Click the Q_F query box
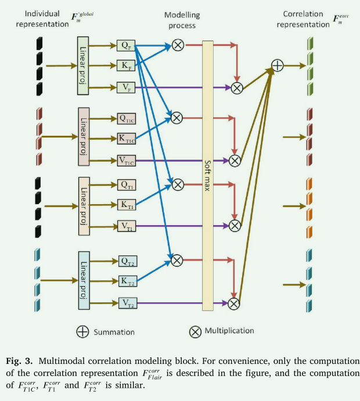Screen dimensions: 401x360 pyautogui.click(x=125, y=45)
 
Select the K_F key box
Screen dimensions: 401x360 pyautogui.click(x=125, y=66)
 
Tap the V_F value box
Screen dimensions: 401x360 pyautogui.click(x=125, y=88)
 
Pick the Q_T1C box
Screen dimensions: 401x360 pyautogui.click(x=127, y=118)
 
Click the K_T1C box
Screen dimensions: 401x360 pyautogui.click(x=127, y=139)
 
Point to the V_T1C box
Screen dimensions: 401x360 pyautogui.click(x=127, y=160)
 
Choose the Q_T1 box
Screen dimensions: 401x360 pyautogui.click(x=126, y=185)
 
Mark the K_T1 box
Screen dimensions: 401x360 pyautogui.click(x=126, y=205)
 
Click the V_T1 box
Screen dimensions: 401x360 pyautogui.click(x=126, y=227)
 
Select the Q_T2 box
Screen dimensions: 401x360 pyautogui.click(x=127, y=261)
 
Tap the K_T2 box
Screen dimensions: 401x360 pyautogui.click(x=127, y=281)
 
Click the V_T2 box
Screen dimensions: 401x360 pyautogui.click(x=127, y=302)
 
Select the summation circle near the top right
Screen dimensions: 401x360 pyautogui.click(x=278, y=66)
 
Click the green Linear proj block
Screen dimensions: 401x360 pyautogui.click(x=82, y=66)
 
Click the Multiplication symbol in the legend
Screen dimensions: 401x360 pyautogui.click(x=195, y=332)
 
